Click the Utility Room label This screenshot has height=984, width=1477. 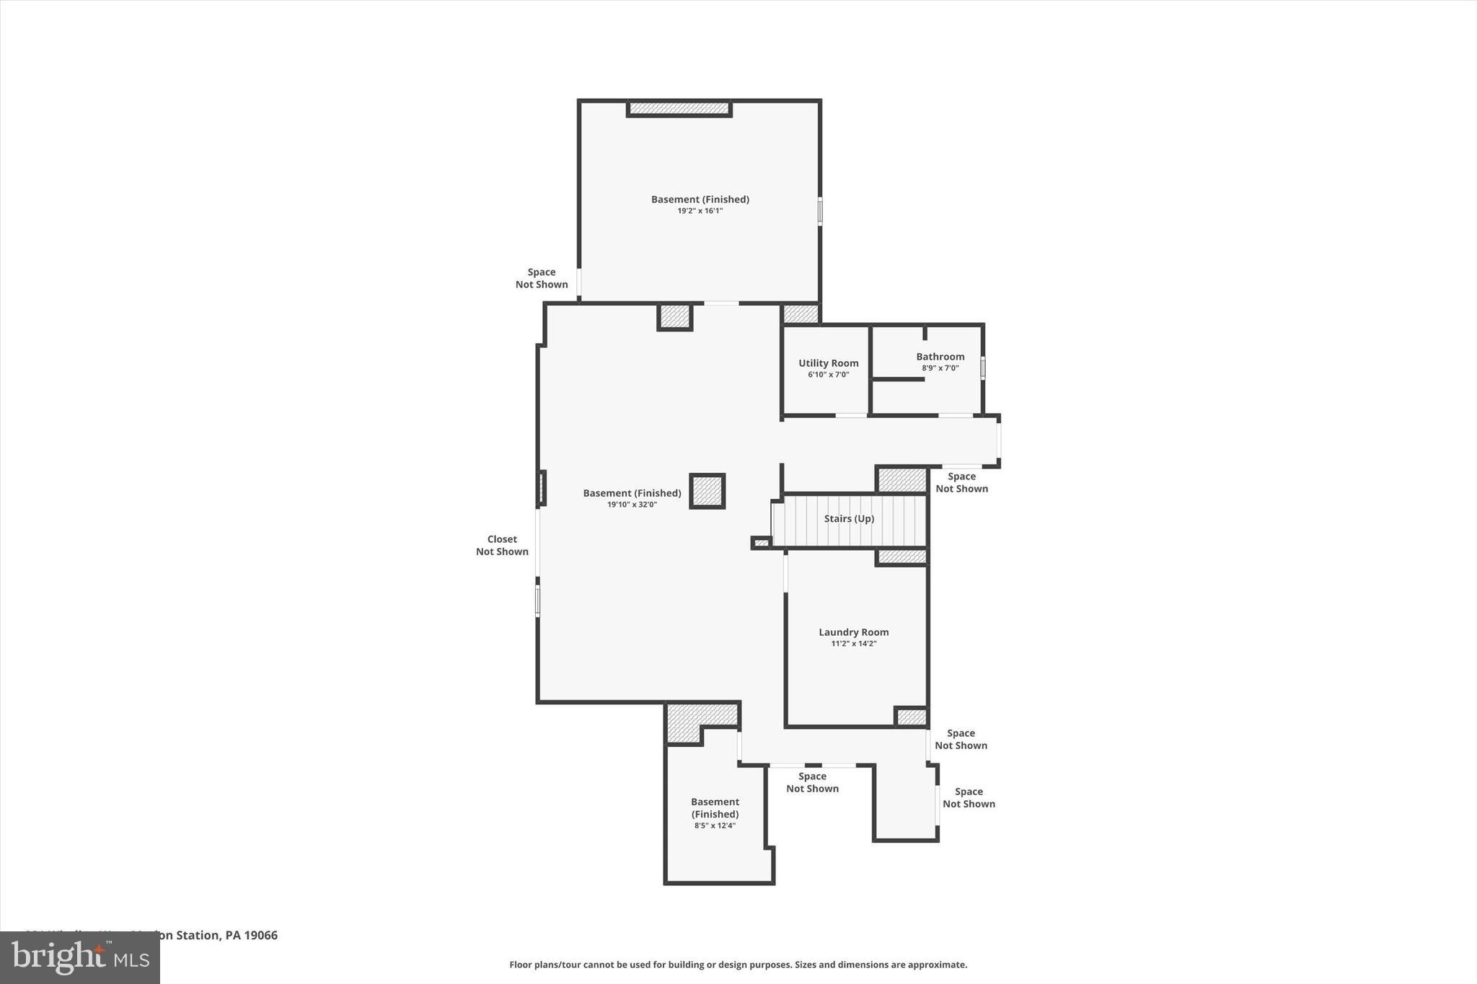point(828,363)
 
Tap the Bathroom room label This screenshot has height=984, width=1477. point(940,357)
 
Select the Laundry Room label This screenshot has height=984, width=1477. point(853,632)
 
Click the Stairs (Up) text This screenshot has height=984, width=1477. point(849,519)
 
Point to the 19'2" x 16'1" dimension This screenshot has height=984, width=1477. point(700,211)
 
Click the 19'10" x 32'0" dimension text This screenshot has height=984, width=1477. point(632,505)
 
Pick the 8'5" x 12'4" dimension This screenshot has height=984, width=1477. point(715,826)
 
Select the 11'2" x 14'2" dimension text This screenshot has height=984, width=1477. point(853,644)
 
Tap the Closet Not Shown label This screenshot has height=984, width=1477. point(502,545)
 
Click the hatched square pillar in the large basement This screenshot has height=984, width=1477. point(707,492)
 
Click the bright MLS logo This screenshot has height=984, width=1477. point(80,957)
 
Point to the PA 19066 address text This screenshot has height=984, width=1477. point(251,935)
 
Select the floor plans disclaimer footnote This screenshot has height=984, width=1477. point(738,965)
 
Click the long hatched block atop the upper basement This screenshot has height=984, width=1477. point(679,109)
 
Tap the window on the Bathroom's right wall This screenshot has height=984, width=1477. point(982,368)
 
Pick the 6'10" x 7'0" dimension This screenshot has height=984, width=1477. point(828,375)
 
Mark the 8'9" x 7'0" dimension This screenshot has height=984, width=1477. point(940,368)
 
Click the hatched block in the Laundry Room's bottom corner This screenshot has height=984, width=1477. point(911,717)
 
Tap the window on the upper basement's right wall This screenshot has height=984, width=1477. point(820,211)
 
